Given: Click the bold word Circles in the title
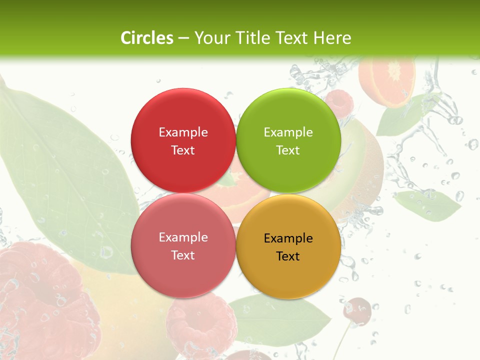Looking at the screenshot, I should (x=146, y=38).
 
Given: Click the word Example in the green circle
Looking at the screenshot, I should (x=288, y=132).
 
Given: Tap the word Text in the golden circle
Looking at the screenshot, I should (x=288, y=256).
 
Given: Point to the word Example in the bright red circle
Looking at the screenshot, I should (x=183, y=132).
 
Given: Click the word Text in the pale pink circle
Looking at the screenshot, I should (x=183, y=255).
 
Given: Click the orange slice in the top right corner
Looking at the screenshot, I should (x=387, y=80).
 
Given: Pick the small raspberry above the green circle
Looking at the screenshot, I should (x=339, y=101).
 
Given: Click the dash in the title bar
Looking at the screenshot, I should (x=183, y=38).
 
